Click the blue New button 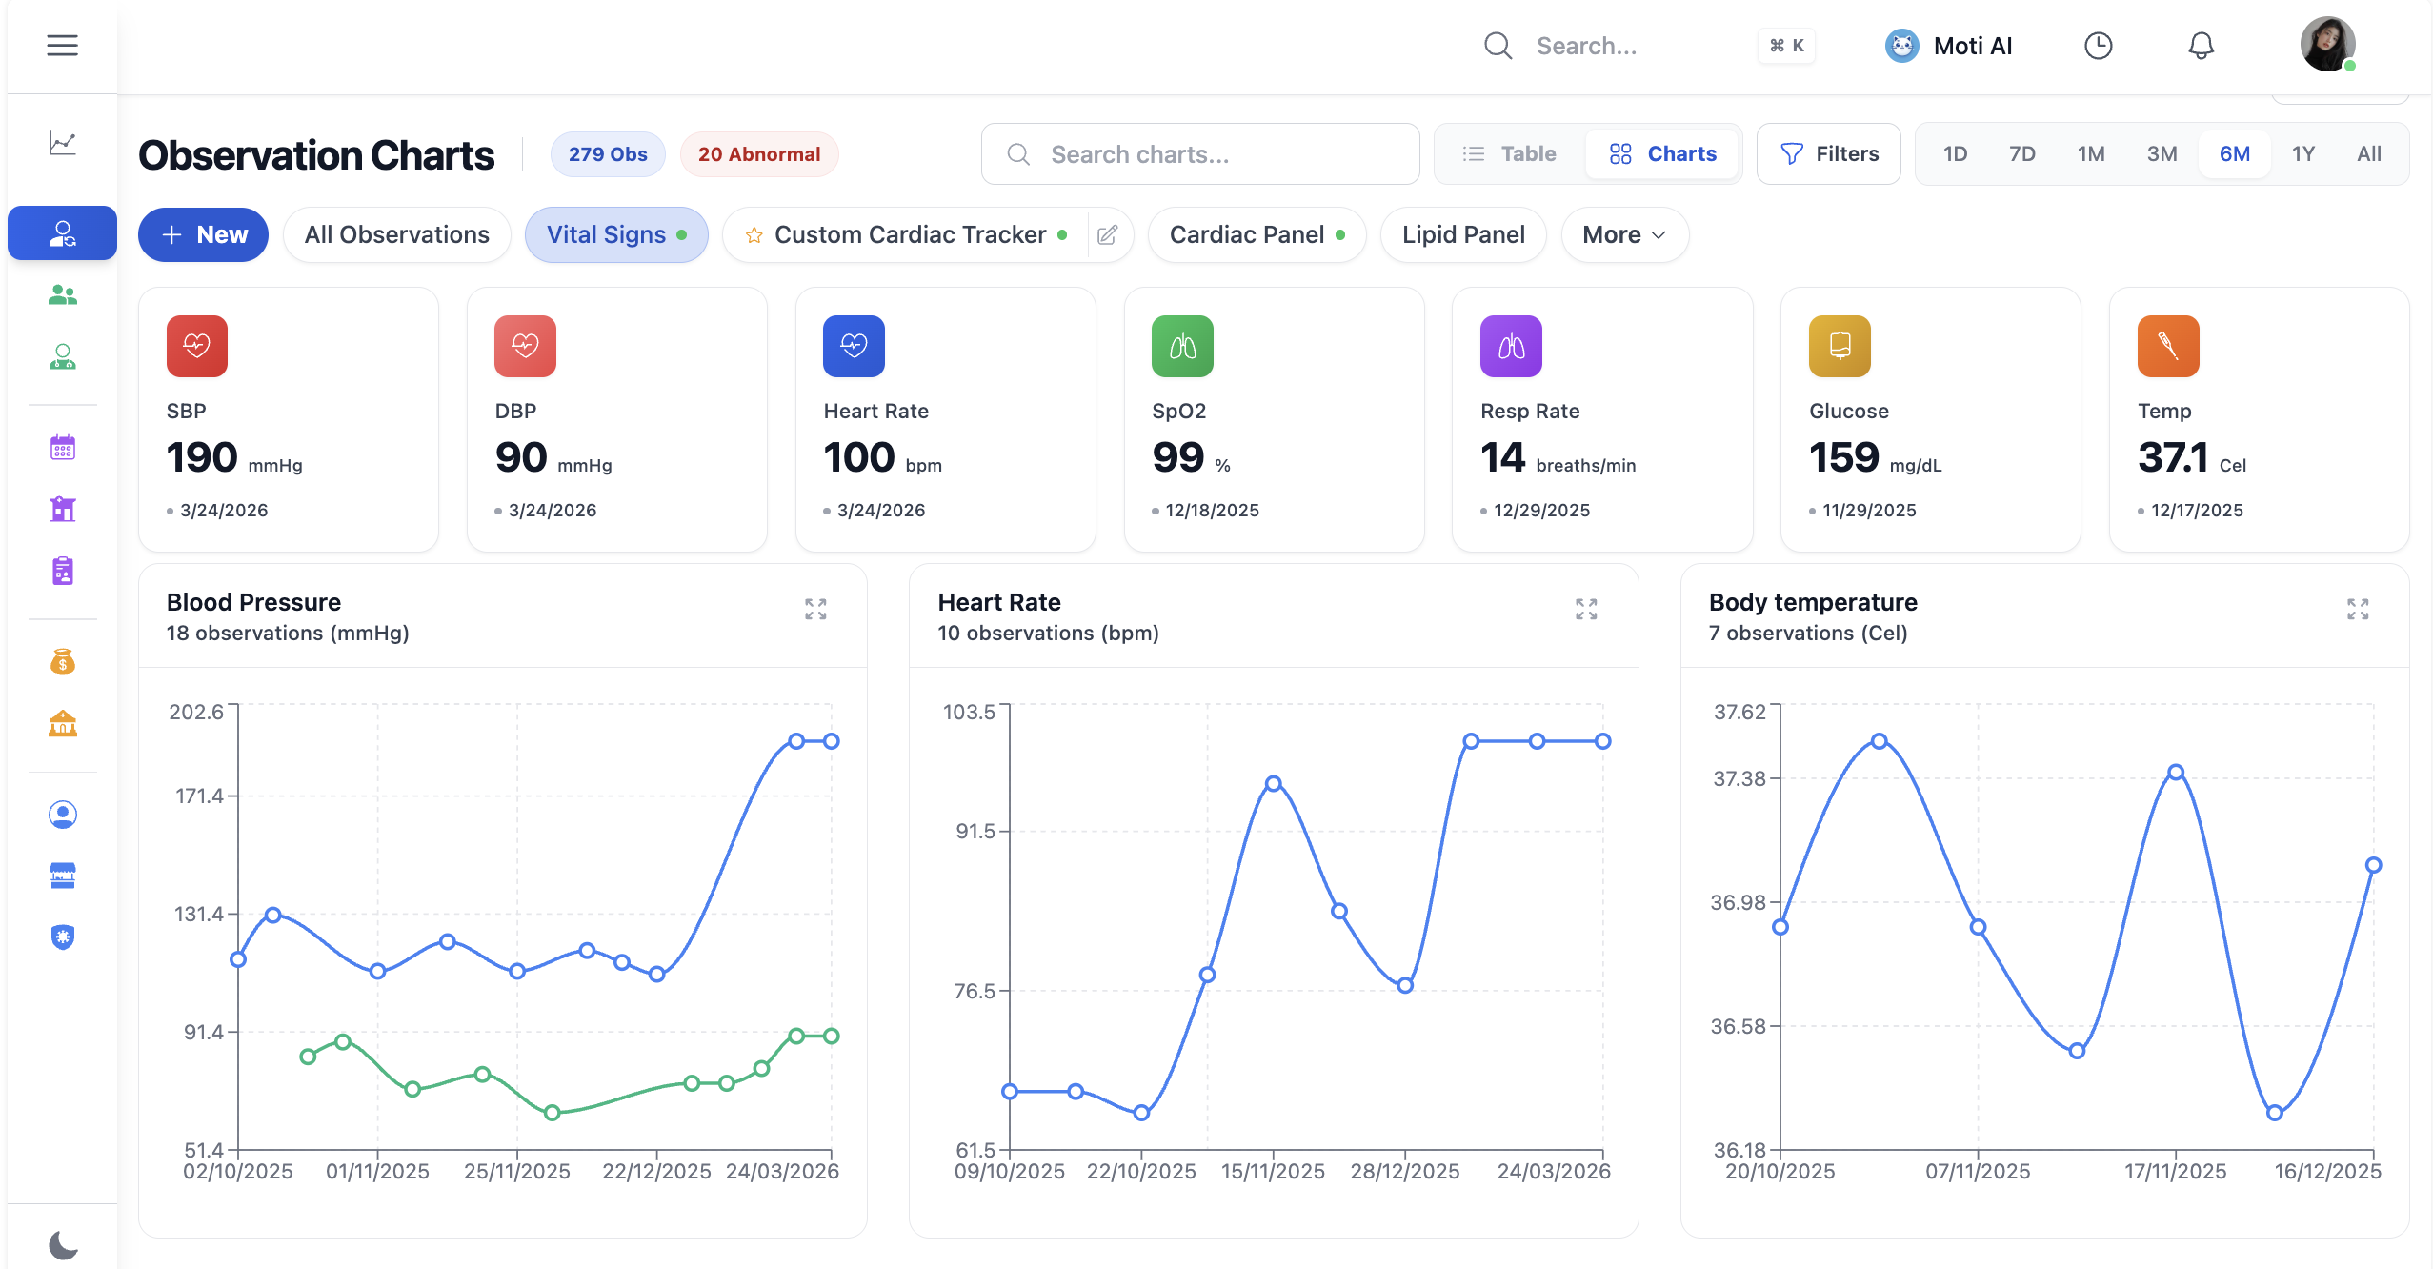point(203,234)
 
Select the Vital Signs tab point(615,234)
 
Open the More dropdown point(1623,234)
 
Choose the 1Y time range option point(2302,153)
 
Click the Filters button point(1828,153)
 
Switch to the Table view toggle point(1510,153)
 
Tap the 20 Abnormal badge point(758,154)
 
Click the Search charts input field point(1200,153)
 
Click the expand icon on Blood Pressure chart point(815,609)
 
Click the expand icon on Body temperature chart point(2357,609)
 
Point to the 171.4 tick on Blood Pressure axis point(199,796)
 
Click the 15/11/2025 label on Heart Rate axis point(1273,1171)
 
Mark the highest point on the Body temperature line point(1879,741)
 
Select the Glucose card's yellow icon point(1839,346)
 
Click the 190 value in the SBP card point(202,458)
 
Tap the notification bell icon point(2200,46)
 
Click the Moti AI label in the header point(1972,46)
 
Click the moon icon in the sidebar point(63,1244)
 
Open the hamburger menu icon point(63,46)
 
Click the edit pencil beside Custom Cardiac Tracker point(1107,234)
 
